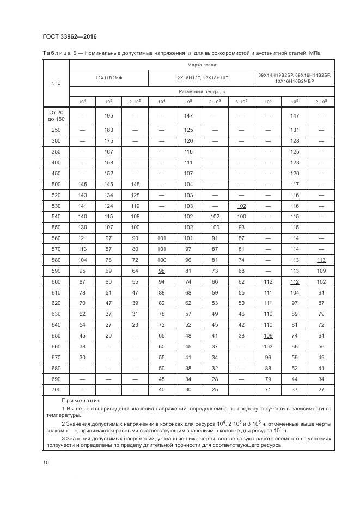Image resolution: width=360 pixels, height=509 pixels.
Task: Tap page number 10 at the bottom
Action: pyautogui.click(x=46, y=462)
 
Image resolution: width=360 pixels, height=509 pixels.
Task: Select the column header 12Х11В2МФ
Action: pyautogui.click(x=109, y=78)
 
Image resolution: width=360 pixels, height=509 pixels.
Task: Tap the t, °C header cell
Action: pyautogui.click(x=56, y=83)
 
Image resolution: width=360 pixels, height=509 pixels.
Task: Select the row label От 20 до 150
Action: pyautogui.click(x=56, y=115)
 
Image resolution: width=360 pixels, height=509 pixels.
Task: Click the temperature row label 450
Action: pyautogui.click(x=56, y=173)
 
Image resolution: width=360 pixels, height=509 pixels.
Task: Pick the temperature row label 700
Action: pyautogui.click(x=56, y=389)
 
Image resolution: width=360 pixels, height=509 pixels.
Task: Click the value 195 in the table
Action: pyautogui.click(x=109, y=115)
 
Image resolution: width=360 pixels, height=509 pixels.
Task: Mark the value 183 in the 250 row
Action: pyautogui.click(x=109, y=130)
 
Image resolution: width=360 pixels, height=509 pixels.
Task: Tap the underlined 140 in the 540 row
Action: pyautogui.click(x=82, y=217)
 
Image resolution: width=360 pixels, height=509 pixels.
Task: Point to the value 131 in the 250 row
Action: pyautogui.click(x=295, y=130)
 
